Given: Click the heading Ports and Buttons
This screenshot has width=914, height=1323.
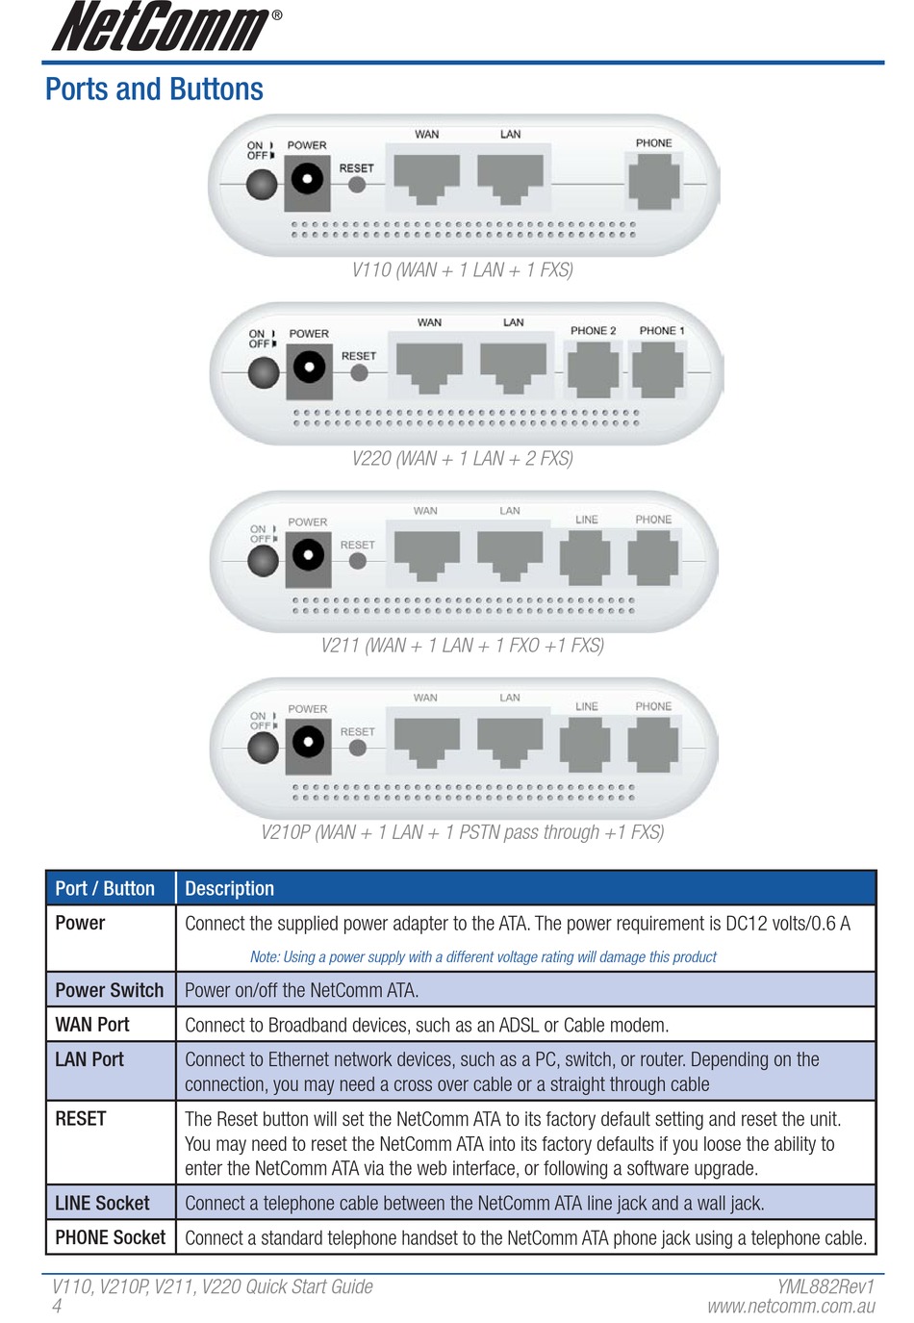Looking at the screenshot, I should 154,89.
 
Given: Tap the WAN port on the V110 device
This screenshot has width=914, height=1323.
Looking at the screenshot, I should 426,178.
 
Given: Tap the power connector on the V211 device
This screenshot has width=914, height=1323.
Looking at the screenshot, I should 308,556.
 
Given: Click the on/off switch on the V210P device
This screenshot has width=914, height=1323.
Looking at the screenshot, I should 263,746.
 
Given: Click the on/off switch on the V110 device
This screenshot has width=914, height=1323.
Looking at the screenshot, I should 262,184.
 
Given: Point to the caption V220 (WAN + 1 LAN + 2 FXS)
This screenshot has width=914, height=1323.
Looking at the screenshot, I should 462,459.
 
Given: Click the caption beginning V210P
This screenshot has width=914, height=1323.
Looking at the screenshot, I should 462,832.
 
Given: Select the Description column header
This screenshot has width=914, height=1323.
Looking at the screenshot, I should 229,889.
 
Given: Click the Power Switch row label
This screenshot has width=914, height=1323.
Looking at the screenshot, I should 109,990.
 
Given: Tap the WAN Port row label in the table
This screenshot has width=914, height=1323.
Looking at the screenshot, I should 92,1025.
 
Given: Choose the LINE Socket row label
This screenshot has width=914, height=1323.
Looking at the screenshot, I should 102,1204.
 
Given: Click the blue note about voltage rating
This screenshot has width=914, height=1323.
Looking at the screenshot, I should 483,957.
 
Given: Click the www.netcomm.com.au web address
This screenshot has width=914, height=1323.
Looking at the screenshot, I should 791,1307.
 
